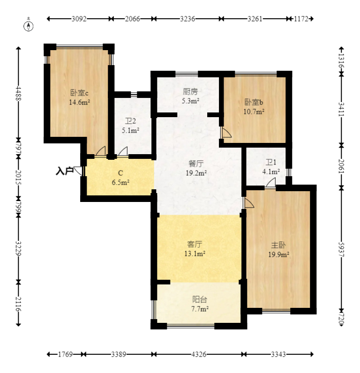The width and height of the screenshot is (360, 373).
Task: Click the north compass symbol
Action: [28, 26]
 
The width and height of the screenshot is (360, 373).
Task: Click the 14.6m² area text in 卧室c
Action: [80, 103]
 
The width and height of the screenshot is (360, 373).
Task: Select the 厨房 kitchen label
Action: [190, 91]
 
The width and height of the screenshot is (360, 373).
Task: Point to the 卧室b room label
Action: [254, 102]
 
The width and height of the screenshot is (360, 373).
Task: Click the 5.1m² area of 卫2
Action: [131, 130]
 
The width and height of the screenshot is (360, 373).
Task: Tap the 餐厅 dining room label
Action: [196, 164]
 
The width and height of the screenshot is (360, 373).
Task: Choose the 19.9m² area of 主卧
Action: [278, 255]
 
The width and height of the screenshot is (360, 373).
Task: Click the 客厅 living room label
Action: [195, 244]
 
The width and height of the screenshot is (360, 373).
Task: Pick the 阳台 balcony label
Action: [200, 299]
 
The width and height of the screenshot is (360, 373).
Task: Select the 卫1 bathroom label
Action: [271, 162]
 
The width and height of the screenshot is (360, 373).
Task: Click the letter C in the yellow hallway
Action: [120, 173]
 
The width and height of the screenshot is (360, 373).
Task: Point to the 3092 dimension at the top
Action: [79, 19]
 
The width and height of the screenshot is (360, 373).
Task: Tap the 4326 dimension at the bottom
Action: [199, 354]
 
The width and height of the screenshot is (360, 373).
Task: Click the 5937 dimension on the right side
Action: [341, 250]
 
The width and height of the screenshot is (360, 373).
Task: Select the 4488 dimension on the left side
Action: [18, 94]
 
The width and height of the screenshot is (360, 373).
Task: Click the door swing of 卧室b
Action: [226, 132]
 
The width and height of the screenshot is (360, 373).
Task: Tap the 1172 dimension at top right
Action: [301, 19]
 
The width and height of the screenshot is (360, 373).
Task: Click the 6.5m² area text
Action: [120, 182]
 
